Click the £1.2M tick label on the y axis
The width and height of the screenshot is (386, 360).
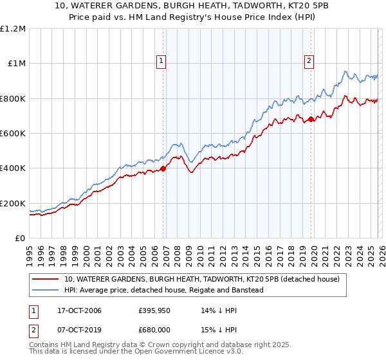tap(13, 28)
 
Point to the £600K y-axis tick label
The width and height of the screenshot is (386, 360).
tap(13, 134)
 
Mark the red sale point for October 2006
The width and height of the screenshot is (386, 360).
tap(163, 169)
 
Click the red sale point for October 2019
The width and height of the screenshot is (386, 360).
tap(311, 119)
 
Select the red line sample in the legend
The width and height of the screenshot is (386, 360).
tap(45, 279)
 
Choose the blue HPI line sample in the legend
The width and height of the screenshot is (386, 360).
tap(45, 290)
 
